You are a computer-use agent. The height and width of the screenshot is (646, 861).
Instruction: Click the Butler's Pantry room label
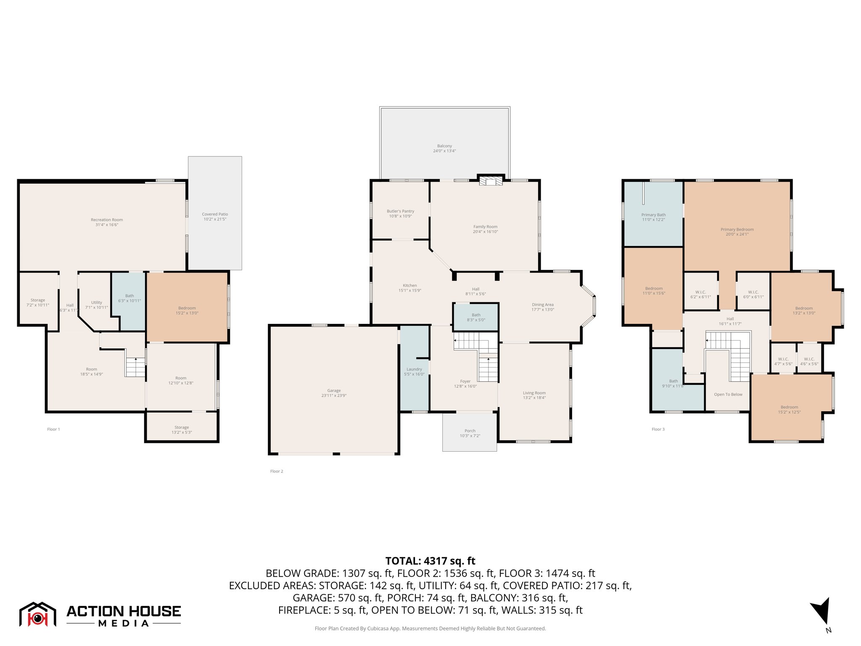click(x=400, y=211)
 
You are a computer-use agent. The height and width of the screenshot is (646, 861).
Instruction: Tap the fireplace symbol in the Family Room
click(x=491, y=181)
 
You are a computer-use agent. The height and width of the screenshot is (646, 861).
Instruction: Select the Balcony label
click(x=444, y=146)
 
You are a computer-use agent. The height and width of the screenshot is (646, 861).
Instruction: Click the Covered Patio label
click(x=215, y=214)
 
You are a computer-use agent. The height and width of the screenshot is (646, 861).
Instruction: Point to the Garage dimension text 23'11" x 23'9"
click(x=334, y=396)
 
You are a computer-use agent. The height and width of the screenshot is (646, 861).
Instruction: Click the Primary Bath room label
click(x=653, y=214)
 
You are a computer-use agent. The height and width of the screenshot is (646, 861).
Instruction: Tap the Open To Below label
click(x=728, y=394)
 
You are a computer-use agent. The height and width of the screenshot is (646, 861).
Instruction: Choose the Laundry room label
click(x=414, y=369)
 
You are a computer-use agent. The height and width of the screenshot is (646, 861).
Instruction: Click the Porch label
click(x=470, y=431)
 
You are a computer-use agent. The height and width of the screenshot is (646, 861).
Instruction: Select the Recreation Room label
click(x=107, y=220)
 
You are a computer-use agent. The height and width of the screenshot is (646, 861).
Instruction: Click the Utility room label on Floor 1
click(x=97, y=302)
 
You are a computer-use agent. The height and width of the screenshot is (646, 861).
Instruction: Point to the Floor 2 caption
click(x=277, y=471)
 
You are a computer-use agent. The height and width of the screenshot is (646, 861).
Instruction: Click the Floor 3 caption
click(x=658, y=429)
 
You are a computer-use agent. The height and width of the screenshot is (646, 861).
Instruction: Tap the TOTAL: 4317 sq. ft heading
click(x=430, y=561)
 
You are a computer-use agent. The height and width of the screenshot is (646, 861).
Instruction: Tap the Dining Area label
click(x=543, y=304)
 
